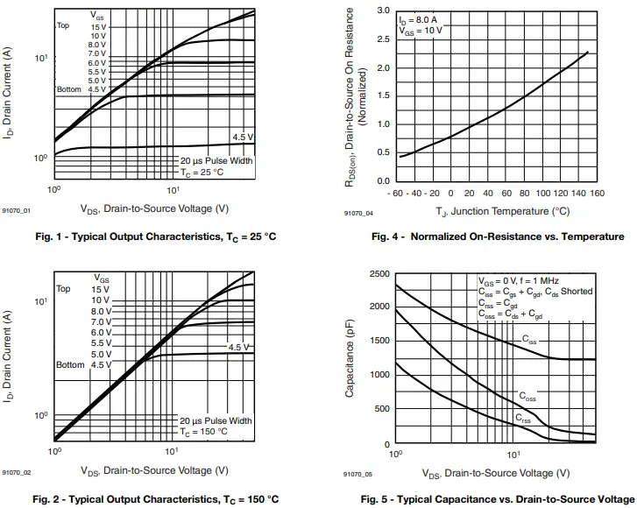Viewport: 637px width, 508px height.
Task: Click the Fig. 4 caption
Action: pyautogui.click(x=498, y=236)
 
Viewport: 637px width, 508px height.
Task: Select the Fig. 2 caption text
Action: pyautogui.click(x=156, y=499)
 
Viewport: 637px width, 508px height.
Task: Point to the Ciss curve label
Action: pyautogui.click(x=530, y=339)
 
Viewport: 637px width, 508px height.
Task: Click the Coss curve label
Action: pyautogui.click(x=527, y=397)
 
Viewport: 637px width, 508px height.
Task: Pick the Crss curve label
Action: pyautogui.click(x=523, y=418)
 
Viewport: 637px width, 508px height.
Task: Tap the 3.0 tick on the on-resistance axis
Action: pyautogui.click(x=383, y=11)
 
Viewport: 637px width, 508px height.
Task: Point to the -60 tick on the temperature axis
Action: pyautogui.click(x=396, y=194)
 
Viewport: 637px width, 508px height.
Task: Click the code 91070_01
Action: pyautogui.click(x=16, y=211)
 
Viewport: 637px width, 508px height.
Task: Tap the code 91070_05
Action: pyautogui.click(x=357, y=474)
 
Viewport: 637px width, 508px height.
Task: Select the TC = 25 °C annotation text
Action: pyautogui.click(x=202, y=173)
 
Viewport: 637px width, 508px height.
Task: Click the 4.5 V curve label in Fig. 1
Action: pyautogui.click(x=243, y=137)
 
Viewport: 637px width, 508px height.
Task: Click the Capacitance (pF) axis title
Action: pyautogui.click(x=350, y=359)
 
